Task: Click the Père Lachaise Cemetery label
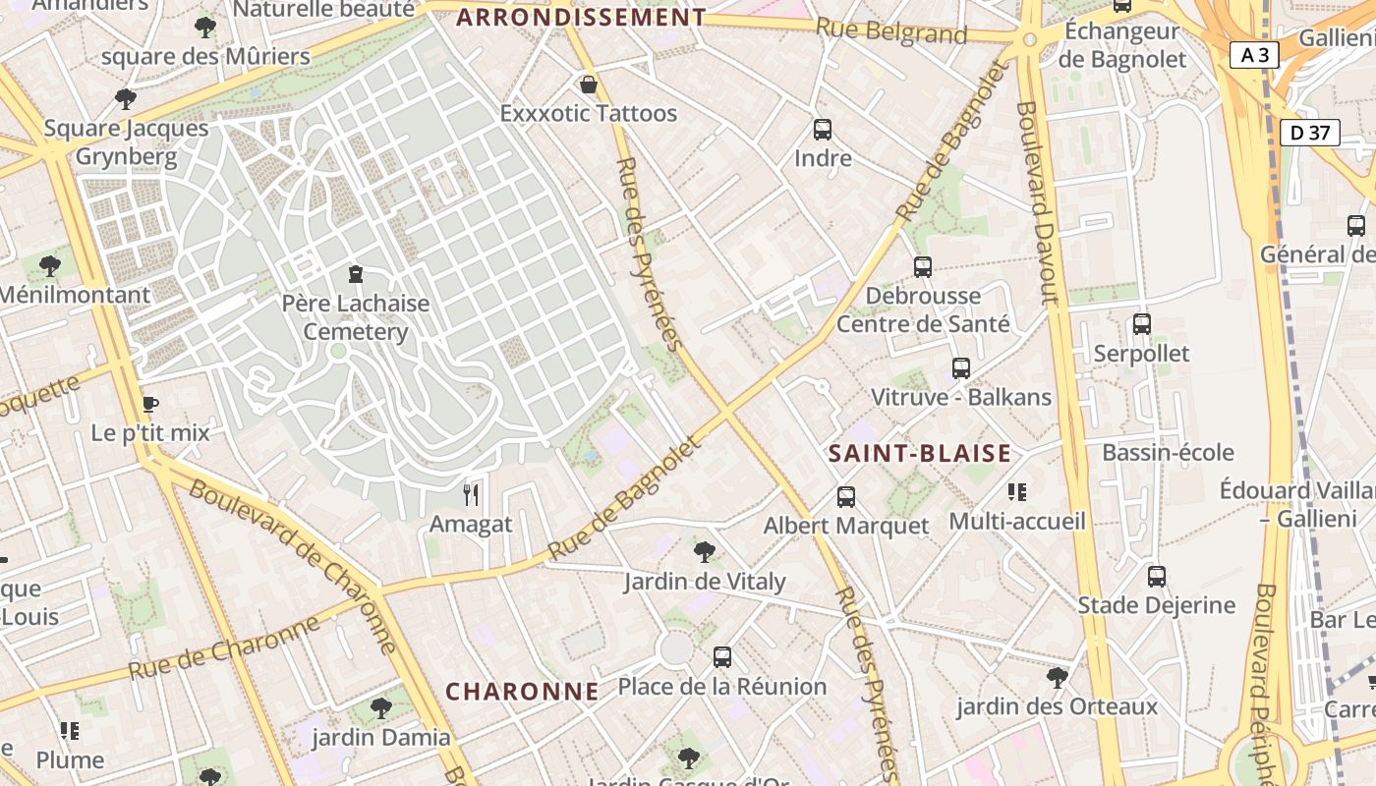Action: [355, 317]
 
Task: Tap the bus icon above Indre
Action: [823, 130]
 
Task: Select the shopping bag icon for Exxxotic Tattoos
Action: [588, 85]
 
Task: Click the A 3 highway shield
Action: [1254, 55]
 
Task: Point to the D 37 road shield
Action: [1310, 132]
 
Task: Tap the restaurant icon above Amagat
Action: [471, 495]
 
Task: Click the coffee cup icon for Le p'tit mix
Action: [150, 404]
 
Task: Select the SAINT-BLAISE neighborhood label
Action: [919, 453]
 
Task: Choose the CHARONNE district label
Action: [522, 692]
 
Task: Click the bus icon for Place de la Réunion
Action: [722, 657]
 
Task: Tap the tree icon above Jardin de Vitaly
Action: [704, 552]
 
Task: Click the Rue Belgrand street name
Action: [891, 31]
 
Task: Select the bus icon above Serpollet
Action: [1141, 324]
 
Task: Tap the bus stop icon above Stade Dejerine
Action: [1157, 577]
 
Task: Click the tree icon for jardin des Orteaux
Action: [1057, 677]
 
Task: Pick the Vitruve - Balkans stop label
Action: [961, 397]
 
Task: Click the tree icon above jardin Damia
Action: [380, 707]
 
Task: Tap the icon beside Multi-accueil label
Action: [1016, 491]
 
